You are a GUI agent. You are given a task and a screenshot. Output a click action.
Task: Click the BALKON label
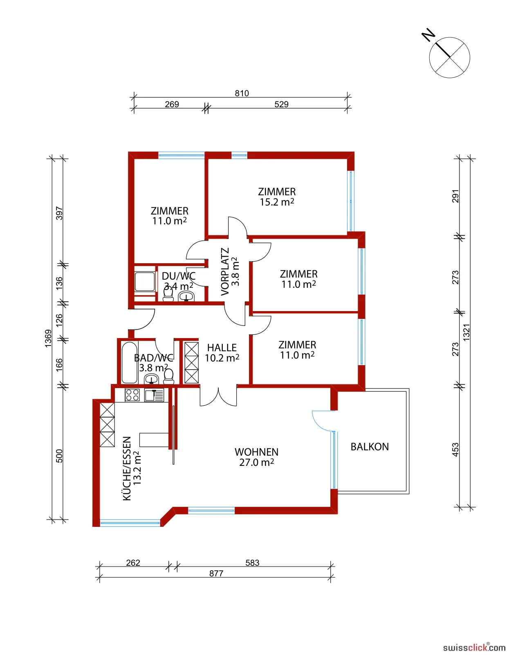tap(369, 447)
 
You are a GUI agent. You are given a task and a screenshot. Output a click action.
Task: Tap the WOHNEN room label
tap(256, 452)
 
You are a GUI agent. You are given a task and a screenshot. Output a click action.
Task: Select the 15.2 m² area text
tap(277, 202)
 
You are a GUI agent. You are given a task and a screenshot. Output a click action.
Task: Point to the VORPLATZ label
tap(225, 271)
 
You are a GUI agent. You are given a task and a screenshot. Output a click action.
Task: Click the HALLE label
tap(222, 348)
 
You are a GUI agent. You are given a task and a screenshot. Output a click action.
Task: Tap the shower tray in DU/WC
tap(145, 282)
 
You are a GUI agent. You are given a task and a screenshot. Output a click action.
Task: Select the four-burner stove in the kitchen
tap(132, 395)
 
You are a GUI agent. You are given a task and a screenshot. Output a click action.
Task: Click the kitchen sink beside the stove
tap(154, 395)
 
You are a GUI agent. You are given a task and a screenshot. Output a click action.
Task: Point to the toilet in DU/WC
tap(168, 294)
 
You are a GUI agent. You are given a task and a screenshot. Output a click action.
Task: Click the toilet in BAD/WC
tap(168, 377)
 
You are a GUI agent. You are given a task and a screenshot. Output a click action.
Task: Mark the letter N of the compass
tap(428, 35)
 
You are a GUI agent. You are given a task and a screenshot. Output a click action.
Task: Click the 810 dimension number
tap(242, 93)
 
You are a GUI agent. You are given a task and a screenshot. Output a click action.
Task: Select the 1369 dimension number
tap(48, 339)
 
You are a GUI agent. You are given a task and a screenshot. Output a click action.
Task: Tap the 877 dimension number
tap(216, 573)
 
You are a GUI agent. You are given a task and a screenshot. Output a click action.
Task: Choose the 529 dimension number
tap(281, 104)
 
